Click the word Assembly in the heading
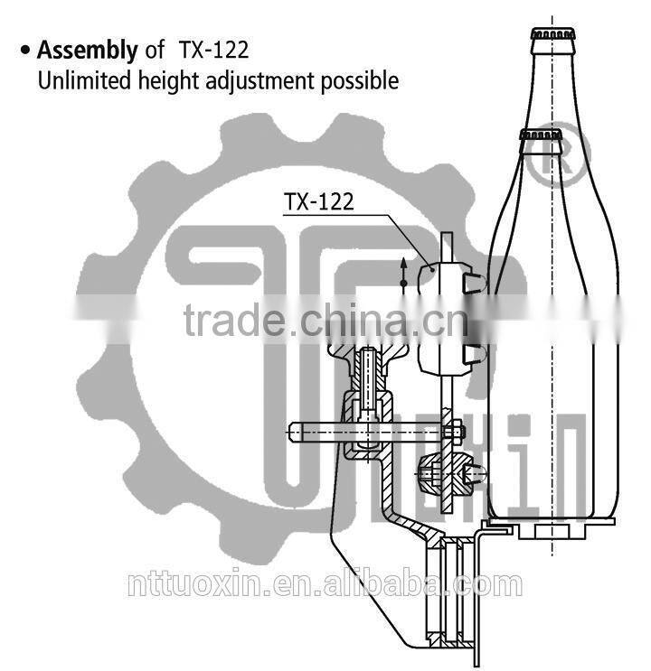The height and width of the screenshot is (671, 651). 88,50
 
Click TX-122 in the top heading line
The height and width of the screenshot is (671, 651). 213,50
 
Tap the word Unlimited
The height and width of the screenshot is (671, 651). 80,80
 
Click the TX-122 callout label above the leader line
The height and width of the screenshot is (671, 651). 319,201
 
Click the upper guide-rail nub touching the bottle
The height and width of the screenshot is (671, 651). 472,282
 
